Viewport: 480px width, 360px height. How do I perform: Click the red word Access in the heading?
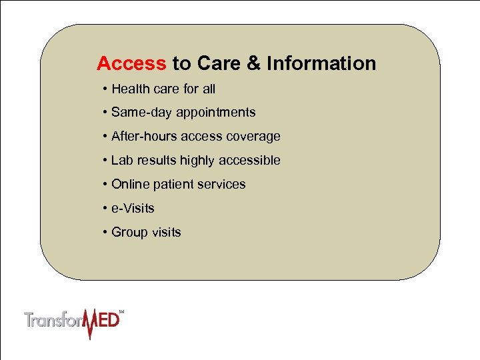pyautogui.click(x=131, y=64)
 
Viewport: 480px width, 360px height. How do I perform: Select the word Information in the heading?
pyautogui.click(x=321, y=64)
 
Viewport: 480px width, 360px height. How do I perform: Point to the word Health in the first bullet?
pyautogui.click(x=131, y=89)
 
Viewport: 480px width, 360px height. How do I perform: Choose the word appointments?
pyautogui.click(x=215, y=113)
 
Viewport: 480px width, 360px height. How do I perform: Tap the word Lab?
pyautogui.click(x=121, y=161)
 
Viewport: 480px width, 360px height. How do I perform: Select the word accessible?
pyautogui.click(x=250, y=161)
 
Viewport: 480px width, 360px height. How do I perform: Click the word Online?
pyautogui.click(x=129, y=185)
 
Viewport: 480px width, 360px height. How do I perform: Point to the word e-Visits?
pyautogui.click(x=133, y=209)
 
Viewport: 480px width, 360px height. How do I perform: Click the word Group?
pyautogui.click(x=129, y=233)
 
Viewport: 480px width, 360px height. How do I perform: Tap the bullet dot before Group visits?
pyautogui.click(x=105, y=233)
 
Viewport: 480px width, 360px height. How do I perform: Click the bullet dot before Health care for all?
pyautogui.click(x=105, y=89)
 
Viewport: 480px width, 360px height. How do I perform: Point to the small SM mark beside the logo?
pyautogui.click(x=121, y=311)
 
